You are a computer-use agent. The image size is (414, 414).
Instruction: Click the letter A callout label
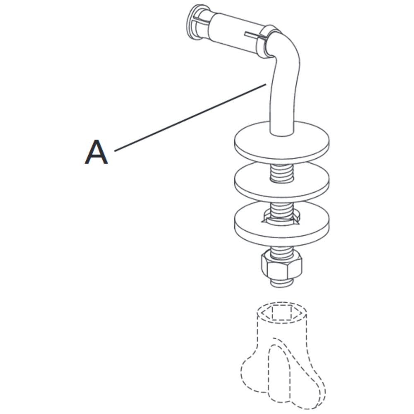click(x=96, y=152)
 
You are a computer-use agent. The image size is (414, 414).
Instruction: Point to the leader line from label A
click(x=190, y=118)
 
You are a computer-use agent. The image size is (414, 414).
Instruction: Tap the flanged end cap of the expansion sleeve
click(x=195, y=22)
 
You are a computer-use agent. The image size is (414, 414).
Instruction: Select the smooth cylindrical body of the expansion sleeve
click(x=232, y=33)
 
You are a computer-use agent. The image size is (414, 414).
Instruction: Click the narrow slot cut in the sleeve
click(x=253, y=34)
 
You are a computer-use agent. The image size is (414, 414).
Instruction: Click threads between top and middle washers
click(x=282, y=173)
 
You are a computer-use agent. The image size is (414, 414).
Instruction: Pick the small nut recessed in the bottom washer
click(x=282, y=219)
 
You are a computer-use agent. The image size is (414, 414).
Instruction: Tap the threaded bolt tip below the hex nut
click(x=282, y=283)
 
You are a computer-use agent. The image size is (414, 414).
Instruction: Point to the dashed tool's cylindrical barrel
click(x=282, y=327)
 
